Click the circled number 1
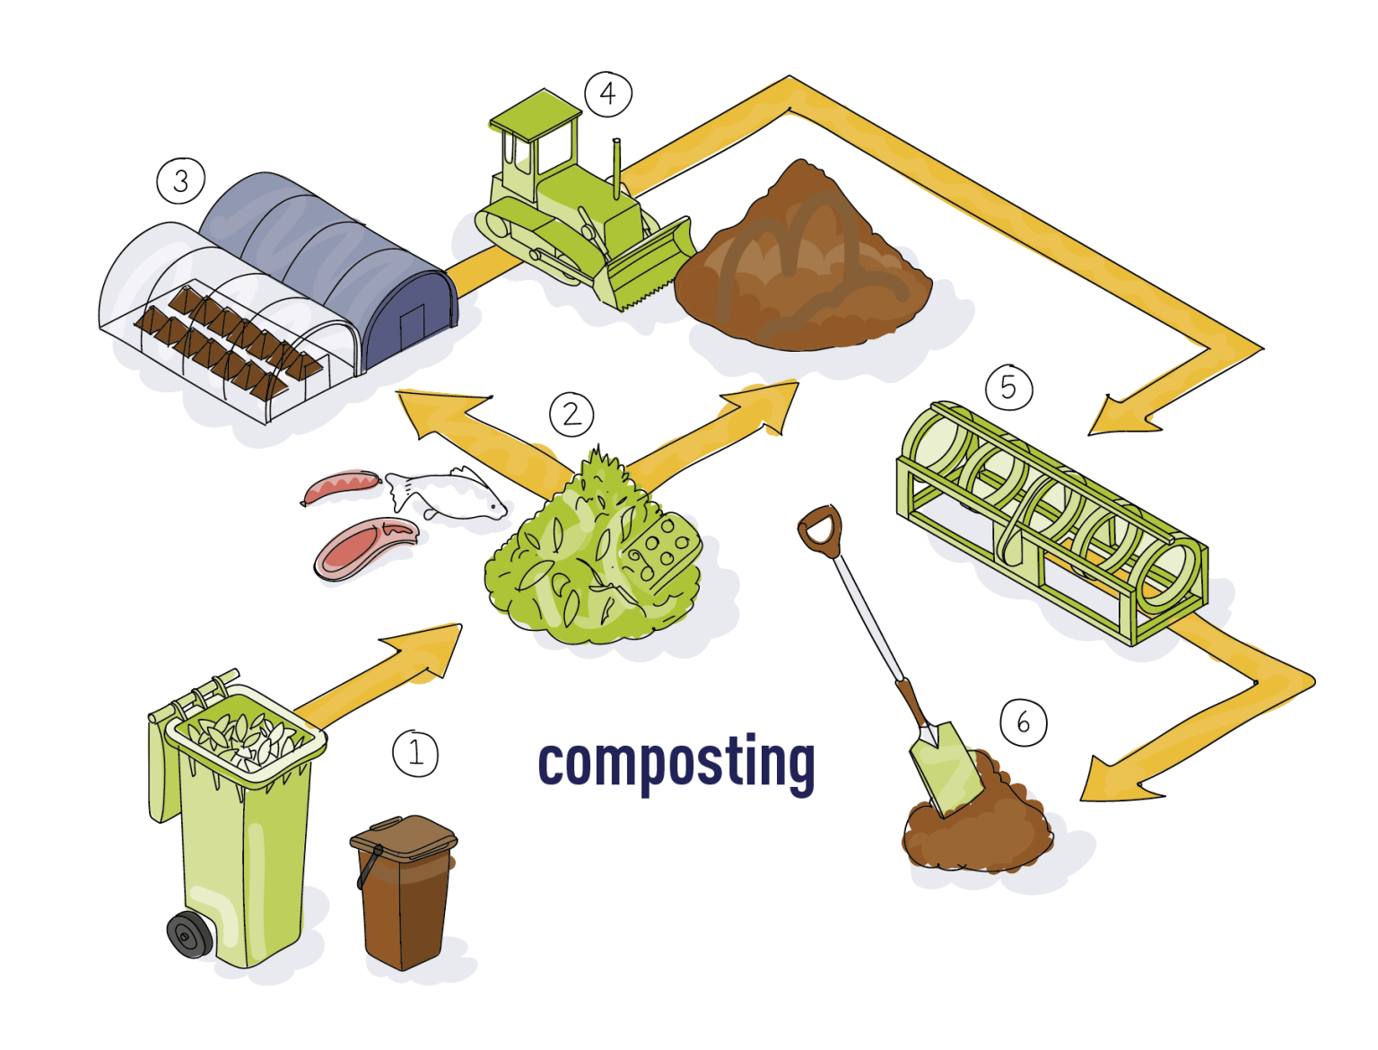415,753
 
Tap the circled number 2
571,415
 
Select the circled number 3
181,181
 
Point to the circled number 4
607,94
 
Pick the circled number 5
1009,388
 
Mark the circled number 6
1024,722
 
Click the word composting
676,764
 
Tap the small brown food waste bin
404,892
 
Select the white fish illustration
447,494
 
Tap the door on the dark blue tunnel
413,330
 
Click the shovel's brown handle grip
820,531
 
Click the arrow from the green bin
378,673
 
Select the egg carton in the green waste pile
659,553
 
